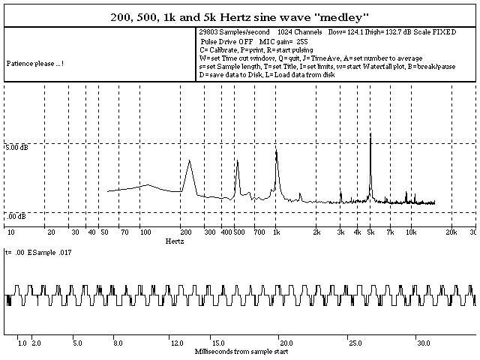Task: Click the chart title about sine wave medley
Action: coord(240,16)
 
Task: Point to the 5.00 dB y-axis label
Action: coord(17,148)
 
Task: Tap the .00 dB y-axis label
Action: coord(17,216)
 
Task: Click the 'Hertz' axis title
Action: coord(174,241)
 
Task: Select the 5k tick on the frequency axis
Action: coord(370,232)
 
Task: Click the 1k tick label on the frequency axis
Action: coord(276,232)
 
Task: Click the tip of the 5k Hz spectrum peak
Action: coord(370,133)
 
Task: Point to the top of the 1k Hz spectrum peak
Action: coord(276,151)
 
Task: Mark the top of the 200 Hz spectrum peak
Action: coord(189,160)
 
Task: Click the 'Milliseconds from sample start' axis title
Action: coord(239,351)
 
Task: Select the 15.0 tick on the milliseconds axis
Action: coord(217,343)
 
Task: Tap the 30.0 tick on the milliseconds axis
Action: coord(424,343)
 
